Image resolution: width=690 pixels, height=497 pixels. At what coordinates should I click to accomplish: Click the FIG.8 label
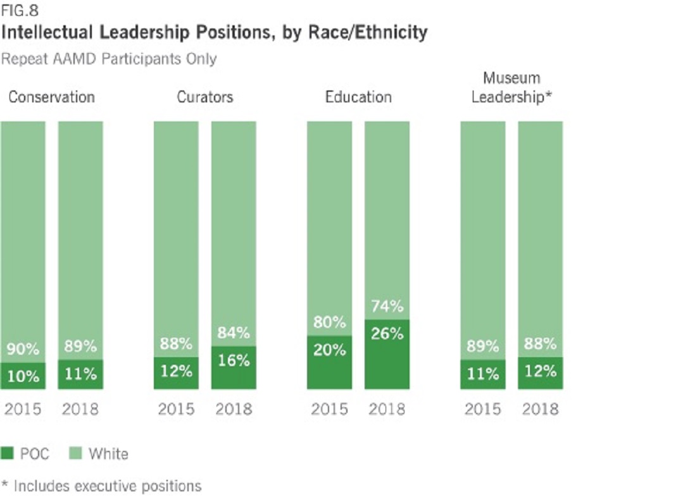coord(18,10)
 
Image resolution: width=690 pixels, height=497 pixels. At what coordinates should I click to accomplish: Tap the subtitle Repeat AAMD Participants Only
coord(109,59)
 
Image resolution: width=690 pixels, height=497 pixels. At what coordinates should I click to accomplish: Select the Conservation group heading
coord(51,97)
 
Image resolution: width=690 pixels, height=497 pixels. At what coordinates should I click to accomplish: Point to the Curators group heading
coord(204,97)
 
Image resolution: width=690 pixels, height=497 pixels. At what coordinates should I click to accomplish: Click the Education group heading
coord(358,97)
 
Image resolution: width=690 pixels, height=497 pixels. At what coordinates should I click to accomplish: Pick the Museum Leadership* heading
coord(511,88)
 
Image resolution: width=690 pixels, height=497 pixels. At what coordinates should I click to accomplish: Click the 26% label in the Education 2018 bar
coord(387,334)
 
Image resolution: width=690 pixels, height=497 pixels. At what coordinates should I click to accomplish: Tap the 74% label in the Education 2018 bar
coord(387,307)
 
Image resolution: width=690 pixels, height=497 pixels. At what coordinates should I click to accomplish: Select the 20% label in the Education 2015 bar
coord(330,350)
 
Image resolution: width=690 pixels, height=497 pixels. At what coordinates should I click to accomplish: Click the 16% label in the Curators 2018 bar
coord(234,360)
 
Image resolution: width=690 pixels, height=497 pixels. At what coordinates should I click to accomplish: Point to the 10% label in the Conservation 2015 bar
coord(23,377)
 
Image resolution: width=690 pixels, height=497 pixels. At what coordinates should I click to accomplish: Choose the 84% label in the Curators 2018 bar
coord(234,333)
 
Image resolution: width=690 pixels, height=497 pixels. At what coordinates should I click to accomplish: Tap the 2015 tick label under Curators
coord(176,409)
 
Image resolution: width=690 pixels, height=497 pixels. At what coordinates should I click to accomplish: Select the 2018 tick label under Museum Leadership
coord(540,409)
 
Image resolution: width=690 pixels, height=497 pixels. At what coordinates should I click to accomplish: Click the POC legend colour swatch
coord(8,453)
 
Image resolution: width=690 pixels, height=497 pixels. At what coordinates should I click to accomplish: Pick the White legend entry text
coord(108,453)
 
